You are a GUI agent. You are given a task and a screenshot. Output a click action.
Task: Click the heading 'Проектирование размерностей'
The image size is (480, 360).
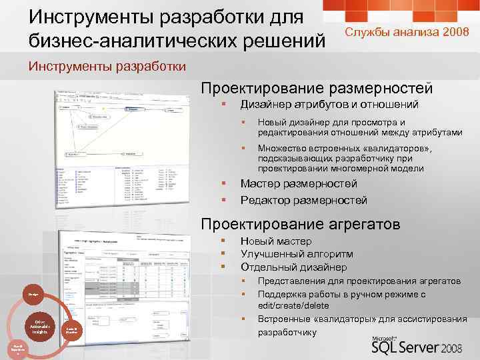(x=317, y=88)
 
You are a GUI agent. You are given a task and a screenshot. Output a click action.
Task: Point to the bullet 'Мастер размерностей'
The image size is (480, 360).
(x=298, y=183)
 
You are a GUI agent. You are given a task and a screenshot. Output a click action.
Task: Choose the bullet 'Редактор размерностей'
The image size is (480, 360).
(x=303, y=200)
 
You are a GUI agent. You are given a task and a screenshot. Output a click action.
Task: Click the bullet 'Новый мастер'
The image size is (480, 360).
(x=275, y=241)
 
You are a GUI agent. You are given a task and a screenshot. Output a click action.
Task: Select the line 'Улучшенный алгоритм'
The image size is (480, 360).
(x=297, y=254)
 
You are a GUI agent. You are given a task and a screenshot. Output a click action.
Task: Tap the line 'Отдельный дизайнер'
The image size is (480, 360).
(x=293, y=267)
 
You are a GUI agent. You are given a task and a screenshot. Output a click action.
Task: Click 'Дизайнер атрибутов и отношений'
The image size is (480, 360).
(x=329, y=105)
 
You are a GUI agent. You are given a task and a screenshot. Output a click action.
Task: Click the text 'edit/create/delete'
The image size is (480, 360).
(x=293, y=305)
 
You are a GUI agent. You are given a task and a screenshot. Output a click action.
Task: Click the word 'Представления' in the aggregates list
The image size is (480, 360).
(x=290, y=281)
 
